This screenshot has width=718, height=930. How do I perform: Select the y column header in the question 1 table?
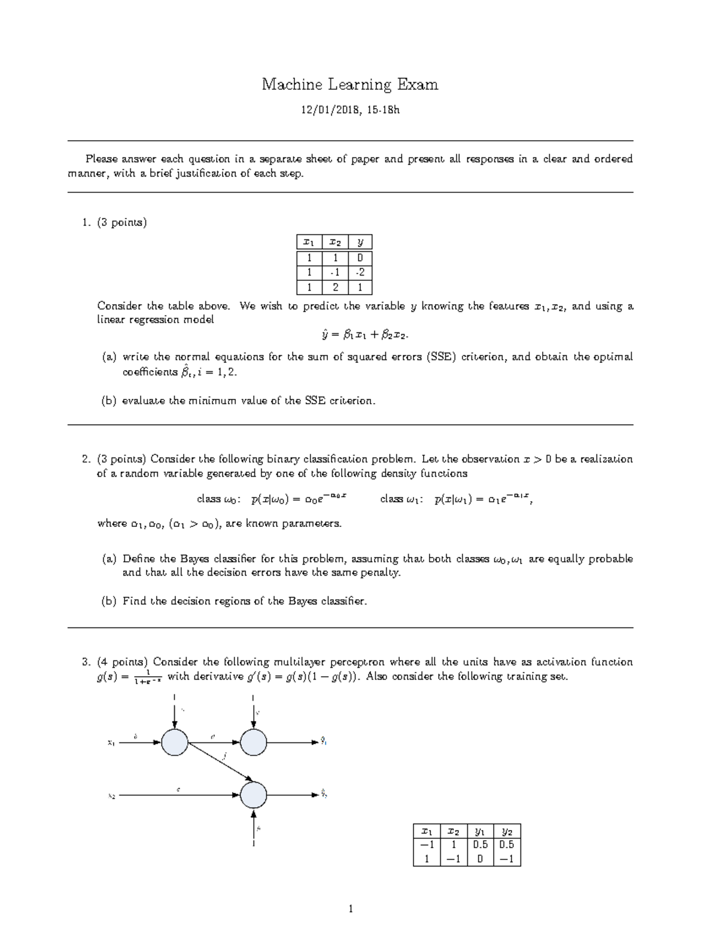[360, 242]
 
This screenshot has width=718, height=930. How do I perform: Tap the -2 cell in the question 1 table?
[360, 272]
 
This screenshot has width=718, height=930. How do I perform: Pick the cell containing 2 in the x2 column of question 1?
[335, 287]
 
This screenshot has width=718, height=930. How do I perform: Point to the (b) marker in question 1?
[109, 401]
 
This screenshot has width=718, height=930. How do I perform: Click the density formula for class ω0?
[272, 499]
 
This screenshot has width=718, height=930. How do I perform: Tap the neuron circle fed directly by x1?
[175, 743]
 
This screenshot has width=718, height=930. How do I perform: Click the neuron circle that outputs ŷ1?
[253, 743]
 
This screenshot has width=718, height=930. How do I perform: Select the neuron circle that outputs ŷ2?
[253, 795]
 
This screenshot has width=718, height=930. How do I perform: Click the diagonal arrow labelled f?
[219, 762]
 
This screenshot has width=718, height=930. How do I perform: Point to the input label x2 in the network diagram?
[111, 796]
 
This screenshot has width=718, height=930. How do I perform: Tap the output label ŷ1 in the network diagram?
[324, 742]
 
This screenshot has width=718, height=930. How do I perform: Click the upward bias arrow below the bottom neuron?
[254, 827]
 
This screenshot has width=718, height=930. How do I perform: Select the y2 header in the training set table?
[507, 831]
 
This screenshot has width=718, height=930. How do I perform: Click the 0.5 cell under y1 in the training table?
[480, 845]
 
